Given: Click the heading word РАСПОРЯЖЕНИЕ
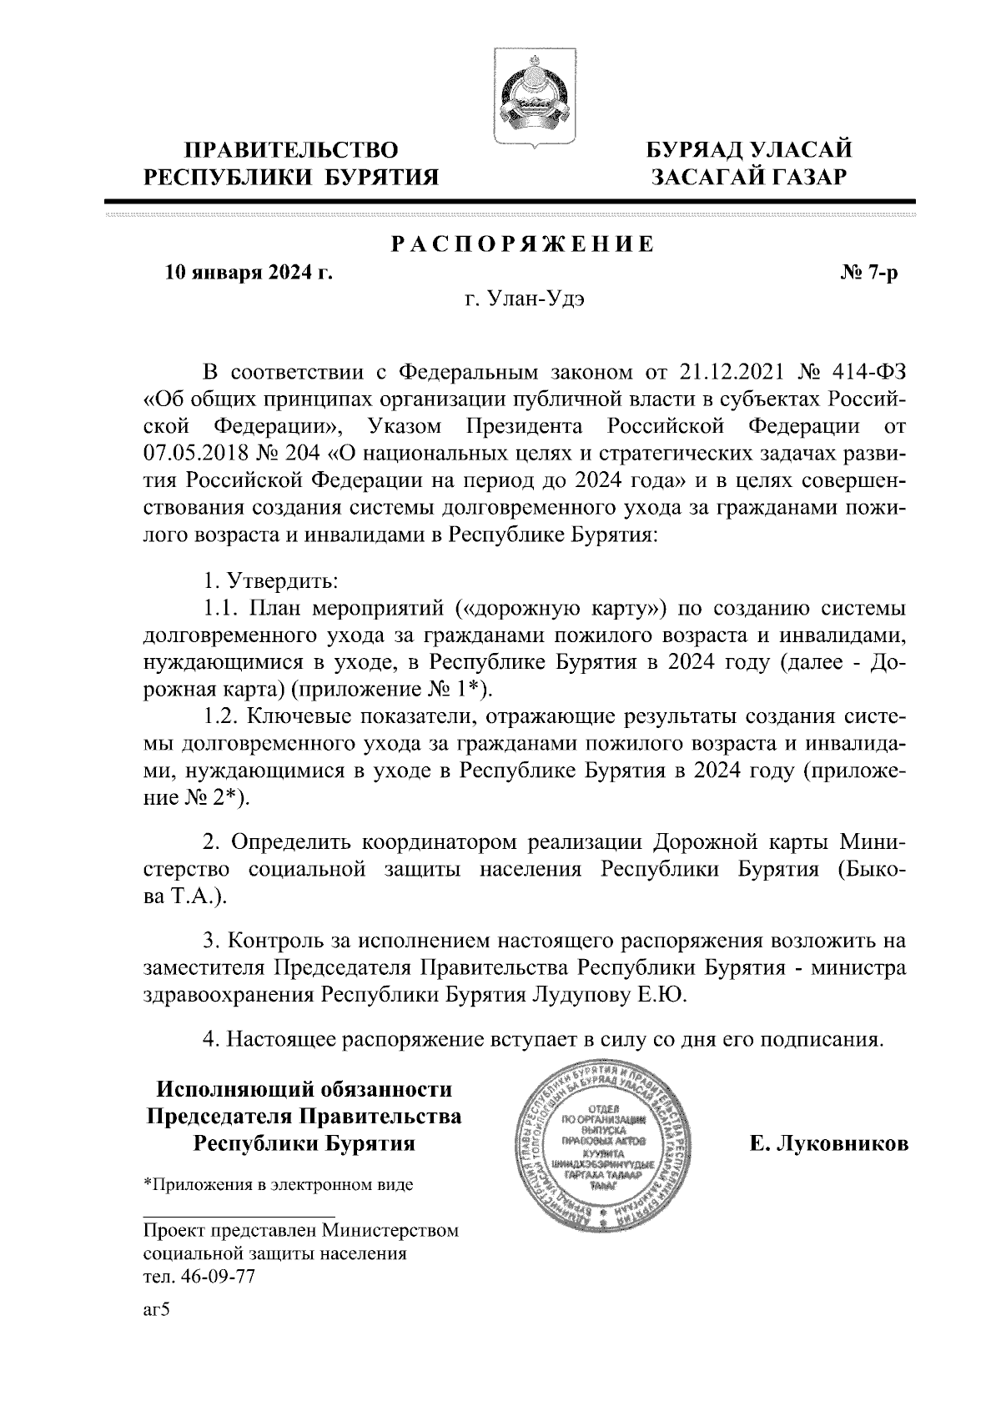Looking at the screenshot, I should tap(523, 245).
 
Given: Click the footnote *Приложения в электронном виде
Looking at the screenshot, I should tap(279, 1184).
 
